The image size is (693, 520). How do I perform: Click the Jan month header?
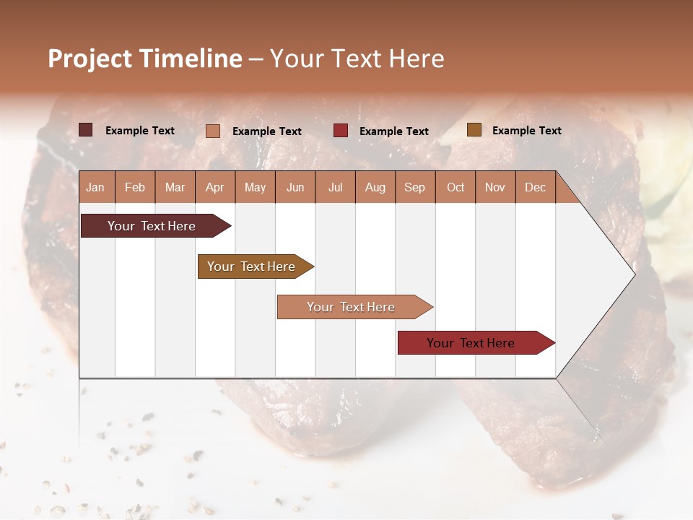96,187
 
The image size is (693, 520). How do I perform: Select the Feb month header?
135,187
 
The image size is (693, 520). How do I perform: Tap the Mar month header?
175,187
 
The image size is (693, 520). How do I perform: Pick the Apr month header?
214,187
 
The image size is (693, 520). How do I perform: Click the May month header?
255,187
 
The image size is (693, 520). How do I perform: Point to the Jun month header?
295,187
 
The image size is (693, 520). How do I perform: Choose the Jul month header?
335,187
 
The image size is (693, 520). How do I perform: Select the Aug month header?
375,187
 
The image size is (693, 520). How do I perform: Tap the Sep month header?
414,187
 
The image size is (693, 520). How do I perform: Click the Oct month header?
456,187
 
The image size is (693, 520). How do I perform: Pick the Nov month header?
495,187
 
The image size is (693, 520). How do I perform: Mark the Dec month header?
535,187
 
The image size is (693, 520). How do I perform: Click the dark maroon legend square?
86,130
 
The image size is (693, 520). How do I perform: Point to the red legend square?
341,130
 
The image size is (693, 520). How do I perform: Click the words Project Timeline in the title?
145,58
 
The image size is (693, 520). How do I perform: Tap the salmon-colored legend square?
213,131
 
